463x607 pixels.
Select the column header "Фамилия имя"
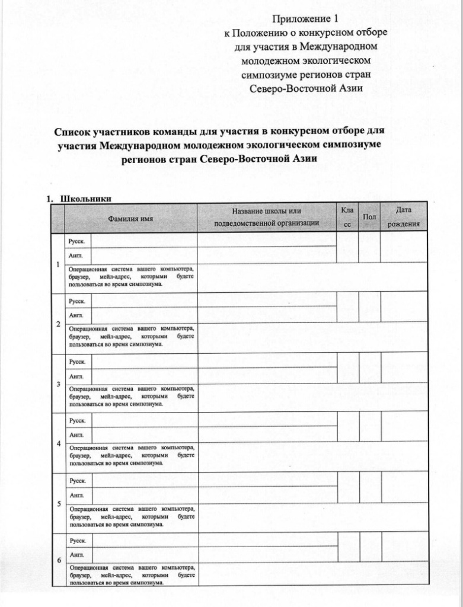(x=130, y=219)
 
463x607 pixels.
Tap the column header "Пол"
(x=369, y=218)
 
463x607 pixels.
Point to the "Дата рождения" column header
(x=404, y=217)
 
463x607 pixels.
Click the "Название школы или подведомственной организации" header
(x=267, y=217)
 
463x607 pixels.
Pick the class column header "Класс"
(x=347, y=218)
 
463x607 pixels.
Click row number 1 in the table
(x=58, y=264)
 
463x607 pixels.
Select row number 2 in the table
(x=58, y=324)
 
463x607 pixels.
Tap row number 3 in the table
(x=58, y=384)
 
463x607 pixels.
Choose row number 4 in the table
(x=58, y=443)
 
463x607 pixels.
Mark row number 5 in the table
(x=58, y=504)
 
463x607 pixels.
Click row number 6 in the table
(x=58, y=560)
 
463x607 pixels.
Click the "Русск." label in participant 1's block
(x=77, y=241)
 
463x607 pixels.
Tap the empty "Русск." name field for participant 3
(x=144, y=361)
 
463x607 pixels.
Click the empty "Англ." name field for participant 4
(x=144, y=435)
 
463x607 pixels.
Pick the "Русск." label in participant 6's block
(x=77, y=541)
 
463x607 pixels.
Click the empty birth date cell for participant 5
(x=404, y=487)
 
